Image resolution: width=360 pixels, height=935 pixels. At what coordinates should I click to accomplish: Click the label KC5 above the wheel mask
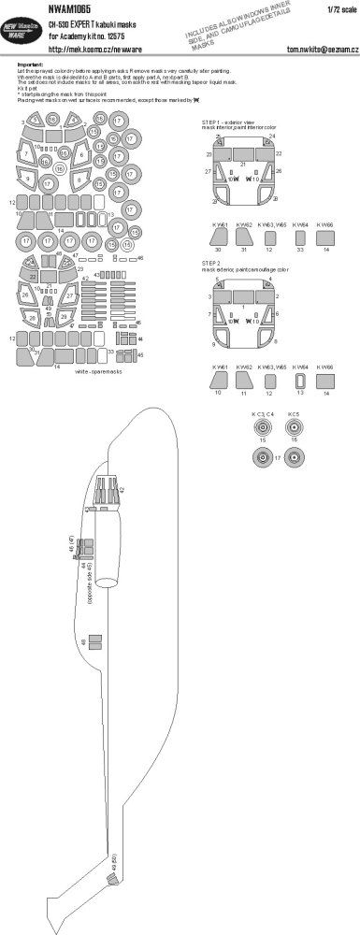coord(293,413)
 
